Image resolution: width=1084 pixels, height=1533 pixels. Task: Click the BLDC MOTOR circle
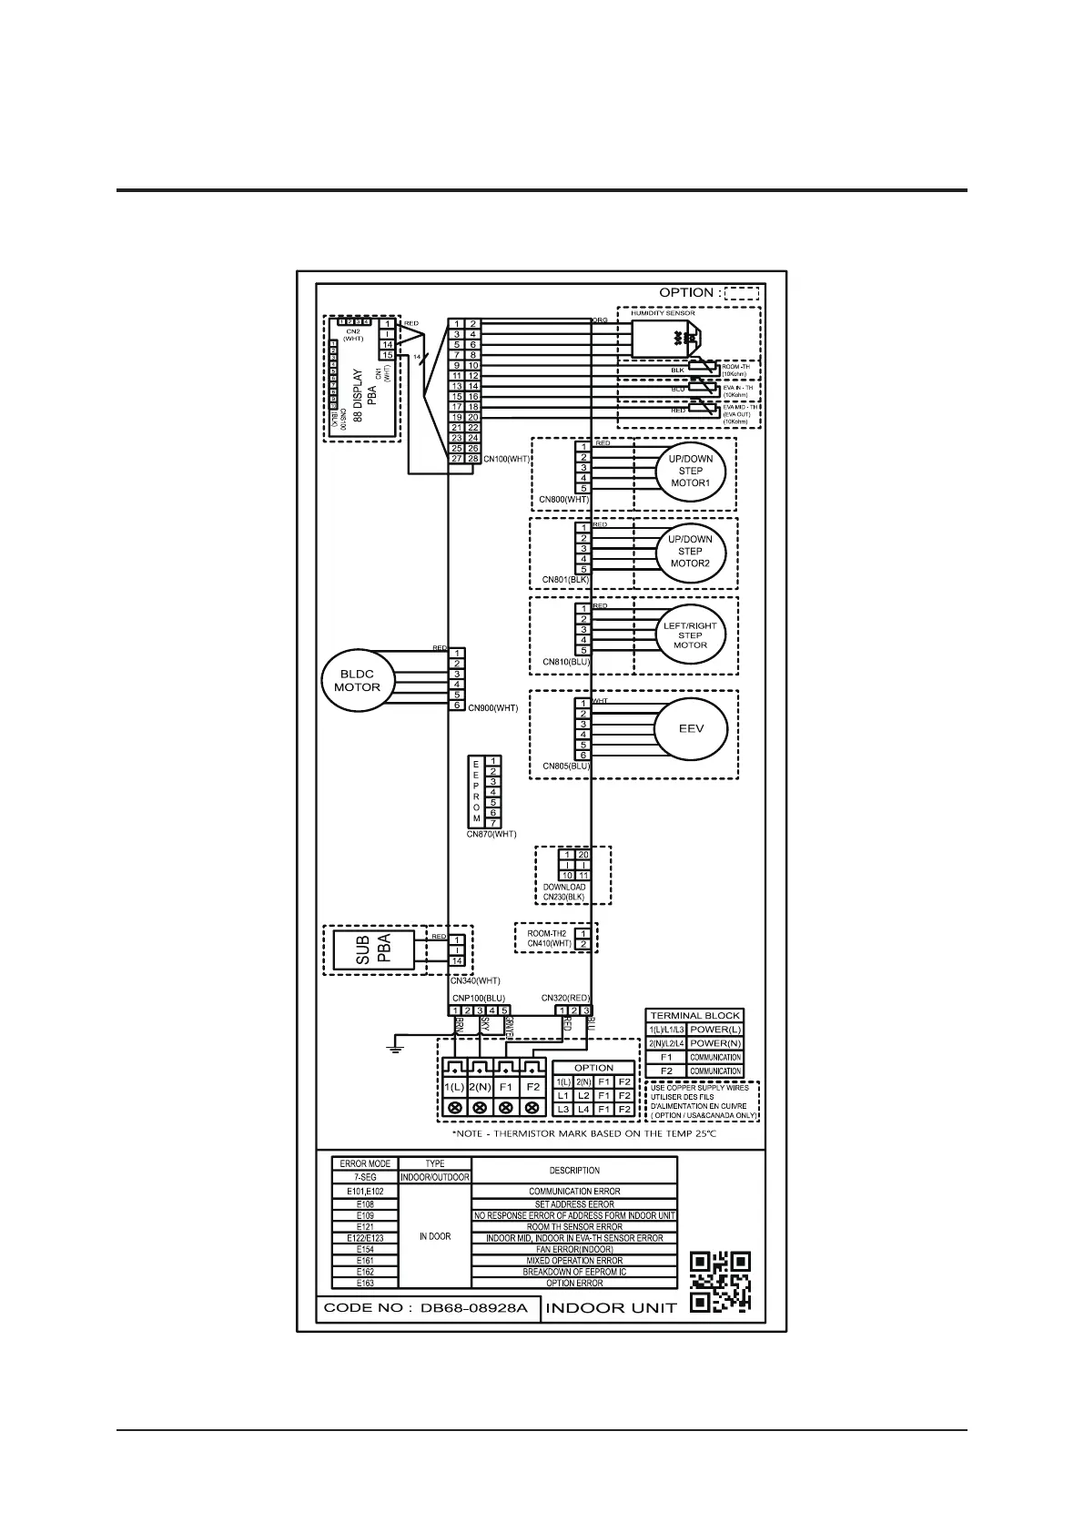click(357, 680)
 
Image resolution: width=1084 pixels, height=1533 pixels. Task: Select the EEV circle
click(691, 729)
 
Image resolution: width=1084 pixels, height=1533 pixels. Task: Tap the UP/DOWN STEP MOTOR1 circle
click(690, 471)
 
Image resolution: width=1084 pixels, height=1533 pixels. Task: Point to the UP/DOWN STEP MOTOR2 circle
click(690, 551)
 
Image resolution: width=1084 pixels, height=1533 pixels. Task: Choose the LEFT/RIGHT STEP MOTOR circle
click(690, 635)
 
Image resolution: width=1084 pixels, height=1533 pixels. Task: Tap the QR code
click(720, 1281)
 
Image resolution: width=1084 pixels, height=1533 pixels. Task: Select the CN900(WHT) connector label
click(492, 707)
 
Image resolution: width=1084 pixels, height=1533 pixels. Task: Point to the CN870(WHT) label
click(491, 834)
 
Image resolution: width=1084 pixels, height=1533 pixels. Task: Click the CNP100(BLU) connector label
click(478, 998)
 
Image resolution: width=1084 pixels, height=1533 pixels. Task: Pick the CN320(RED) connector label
click(565, 998)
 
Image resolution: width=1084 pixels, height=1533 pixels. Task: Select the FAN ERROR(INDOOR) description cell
click(574, 1250)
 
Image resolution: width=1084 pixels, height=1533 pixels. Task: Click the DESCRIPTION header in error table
click(574, 1170)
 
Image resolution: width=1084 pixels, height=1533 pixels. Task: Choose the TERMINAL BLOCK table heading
click(694, 1015)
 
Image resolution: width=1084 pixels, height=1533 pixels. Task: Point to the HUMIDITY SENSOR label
click(663, 313)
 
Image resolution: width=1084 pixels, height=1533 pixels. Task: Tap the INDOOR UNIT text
click(611, 1308)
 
